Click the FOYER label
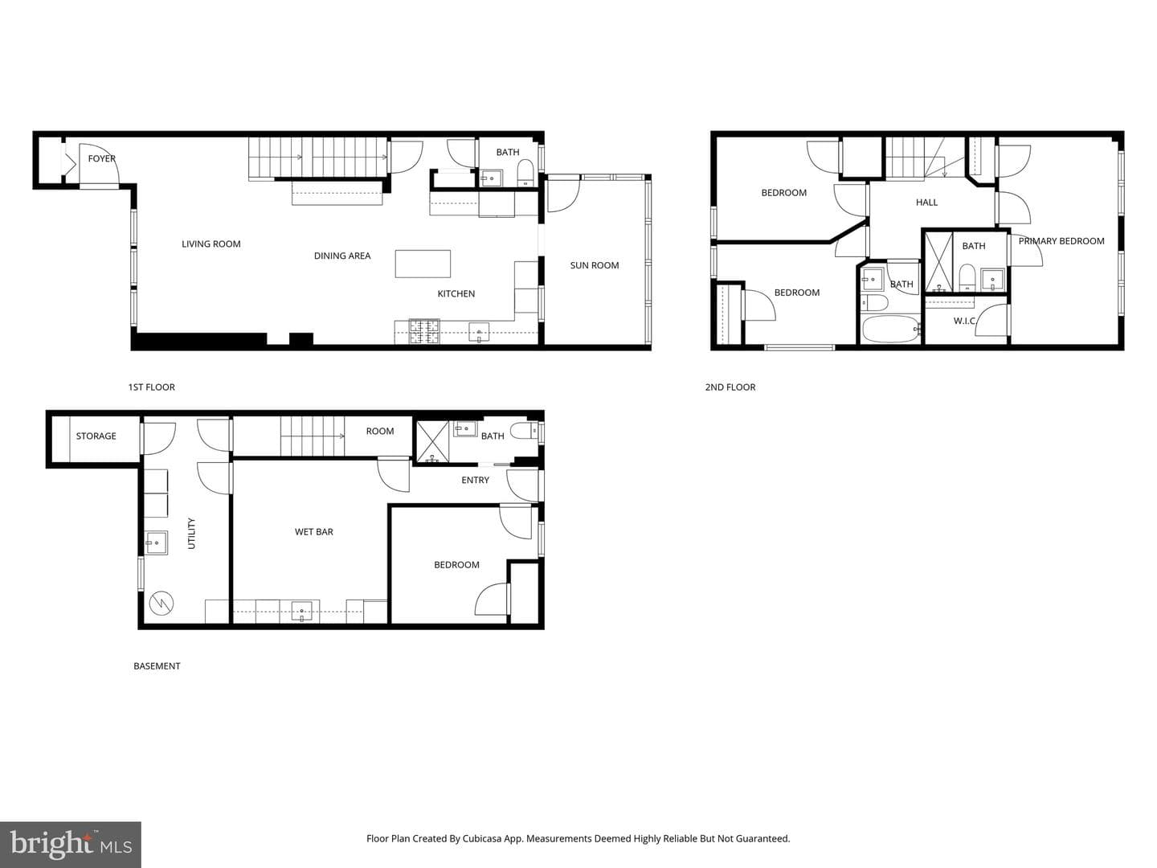(102, 158)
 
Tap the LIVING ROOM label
(211, 244)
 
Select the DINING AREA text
(342, 256)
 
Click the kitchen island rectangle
(423, 264)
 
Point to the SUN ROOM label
(594, 265)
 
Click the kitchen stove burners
(424, 331)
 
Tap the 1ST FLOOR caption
(151, 387)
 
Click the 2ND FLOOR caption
(730, 387)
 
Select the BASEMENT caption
(157, 666)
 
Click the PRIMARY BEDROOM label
(1061, 241)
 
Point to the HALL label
(926, 203)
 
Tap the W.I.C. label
(965, 321)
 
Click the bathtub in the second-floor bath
(891, 329)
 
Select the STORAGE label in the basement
(96, 436)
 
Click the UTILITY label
(191, 534)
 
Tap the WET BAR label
(313, 532)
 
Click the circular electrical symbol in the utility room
(161, 604)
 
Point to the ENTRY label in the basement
(475, 480)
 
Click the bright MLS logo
(71, 845)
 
